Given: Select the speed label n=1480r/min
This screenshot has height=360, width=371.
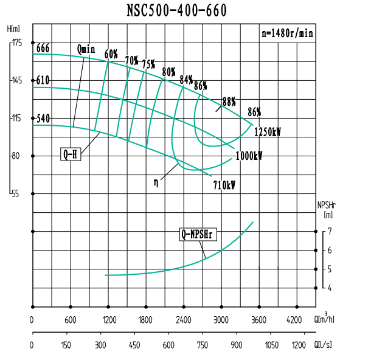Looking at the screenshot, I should click(x=287, y=34).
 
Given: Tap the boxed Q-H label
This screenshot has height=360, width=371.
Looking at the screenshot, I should click(x=71, y=154).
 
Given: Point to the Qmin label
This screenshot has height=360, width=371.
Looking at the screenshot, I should click(x=87, y=49).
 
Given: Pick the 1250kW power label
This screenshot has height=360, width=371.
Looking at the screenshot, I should click(x=268, y=131).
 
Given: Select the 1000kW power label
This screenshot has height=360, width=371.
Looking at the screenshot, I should click(x=248, y=156).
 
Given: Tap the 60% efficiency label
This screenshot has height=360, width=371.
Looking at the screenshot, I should click(x=111, y=54).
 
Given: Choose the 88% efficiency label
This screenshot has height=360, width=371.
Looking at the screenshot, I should click(x=229, y=101).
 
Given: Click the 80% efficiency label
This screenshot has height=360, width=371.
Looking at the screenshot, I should click(x=168, y=73).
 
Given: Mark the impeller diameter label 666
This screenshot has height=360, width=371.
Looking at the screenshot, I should click(x=43, y=49).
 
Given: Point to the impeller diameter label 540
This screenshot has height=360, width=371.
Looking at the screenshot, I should click(x=43, y=119).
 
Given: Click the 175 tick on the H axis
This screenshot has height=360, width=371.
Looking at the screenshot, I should click(x=16, y=43).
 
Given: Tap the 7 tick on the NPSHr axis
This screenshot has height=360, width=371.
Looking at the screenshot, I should click(x=329, y=232).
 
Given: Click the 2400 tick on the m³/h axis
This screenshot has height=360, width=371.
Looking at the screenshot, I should click(x=183, y=320).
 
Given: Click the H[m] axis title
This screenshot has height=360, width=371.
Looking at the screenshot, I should click(x=13, y=29).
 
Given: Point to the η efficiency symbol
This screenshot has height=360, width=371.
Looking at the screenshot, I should click(x=156, y=181).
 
